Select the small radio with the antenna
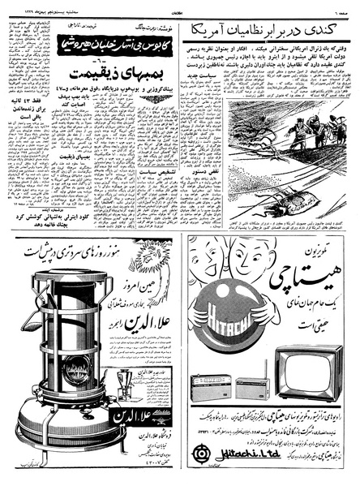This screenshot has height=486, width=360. (x=252, y=387)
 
